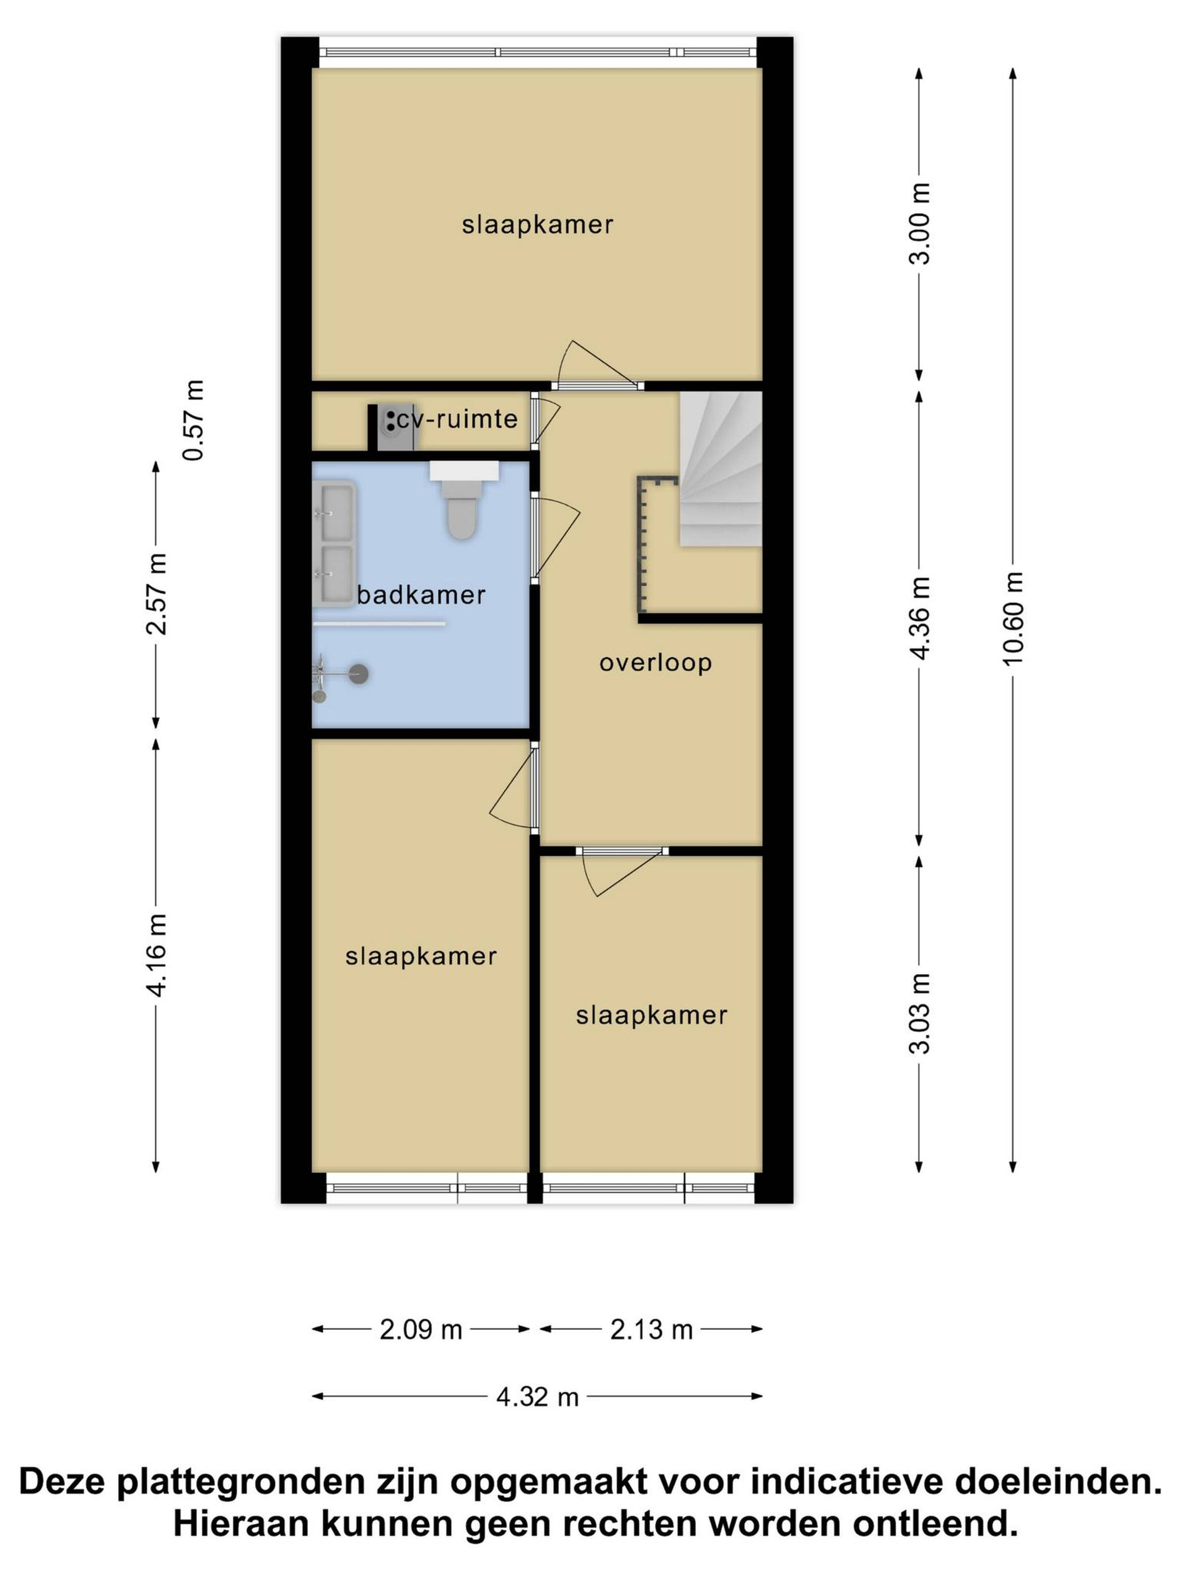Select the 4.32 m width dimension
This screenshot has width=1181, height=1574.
pos(538,1398)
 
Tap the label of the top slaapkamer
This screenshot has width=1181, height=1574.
pos(538,225)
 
